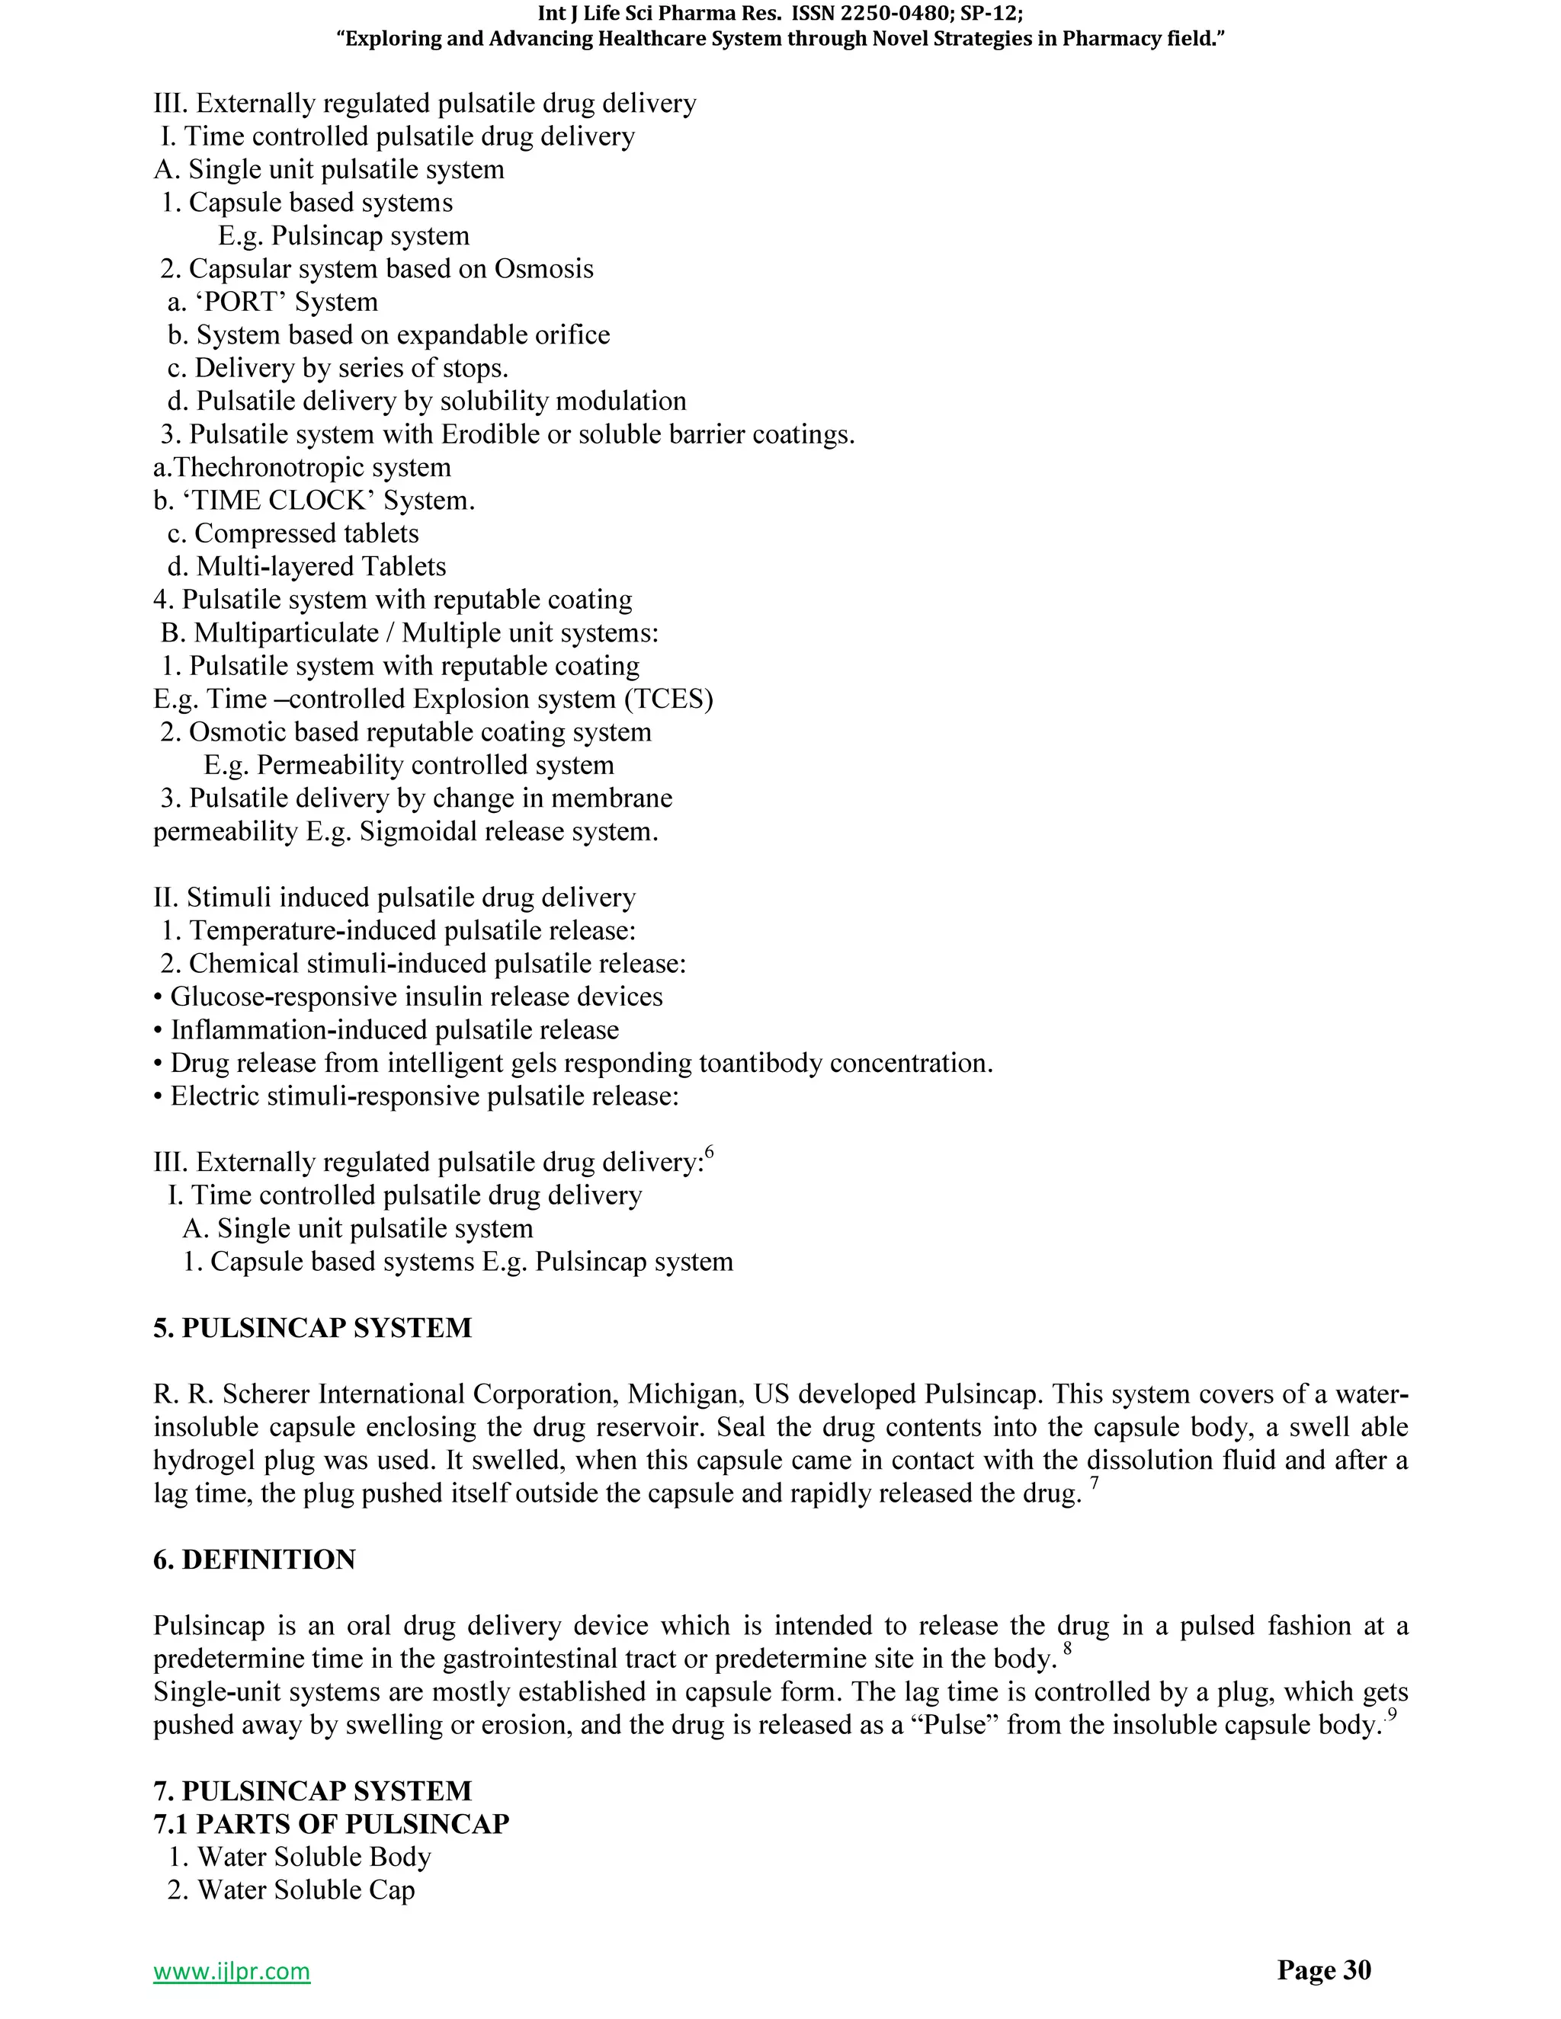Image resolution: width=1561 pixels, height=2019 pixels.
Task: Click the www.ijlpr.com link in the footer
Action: click(231, 1971)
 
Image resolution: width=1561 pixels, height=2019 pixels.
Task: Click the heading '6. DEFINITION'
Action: click(255, 1560)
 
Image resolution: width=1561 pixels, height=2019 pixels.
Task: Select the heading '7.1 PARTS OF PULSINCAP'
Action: click(331, 1824)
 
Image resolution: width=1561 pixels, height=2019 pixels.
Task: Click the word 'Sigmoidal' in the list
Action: click(416, 832)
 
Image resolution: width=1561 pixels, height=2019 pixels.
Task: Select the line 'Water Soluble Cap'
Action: click(305, 1889)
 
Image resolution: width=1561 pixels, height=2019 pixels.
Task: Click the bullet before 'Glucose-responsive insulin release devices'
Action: click(159, 997)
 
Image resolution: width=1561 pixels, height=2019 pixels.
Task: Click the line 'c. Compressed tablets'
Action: click(293, 533)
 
